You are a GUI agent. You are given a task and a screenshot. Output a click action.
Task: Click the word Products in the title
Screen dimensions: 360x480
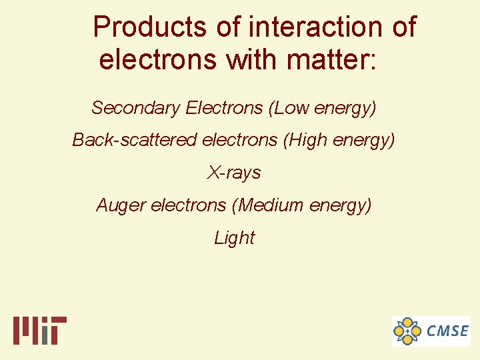click(150, 27)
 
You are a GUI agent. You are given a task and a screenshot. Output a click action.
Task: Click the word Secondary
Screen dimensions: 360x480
click(136, 107)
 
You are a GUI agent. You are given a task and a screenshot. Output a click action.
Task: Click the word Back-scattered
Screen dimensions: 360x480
click(135, 140)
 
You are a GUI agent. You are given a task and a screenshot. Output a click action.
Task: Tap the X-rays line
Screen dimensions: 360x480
click(234, 173)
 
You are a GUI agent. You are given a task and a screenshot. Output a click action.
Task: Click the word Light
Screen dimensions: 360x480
click(234, 237)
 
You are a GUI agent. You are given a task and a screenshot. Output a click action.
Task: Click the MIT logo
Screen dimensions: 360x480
click(39, 330)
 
